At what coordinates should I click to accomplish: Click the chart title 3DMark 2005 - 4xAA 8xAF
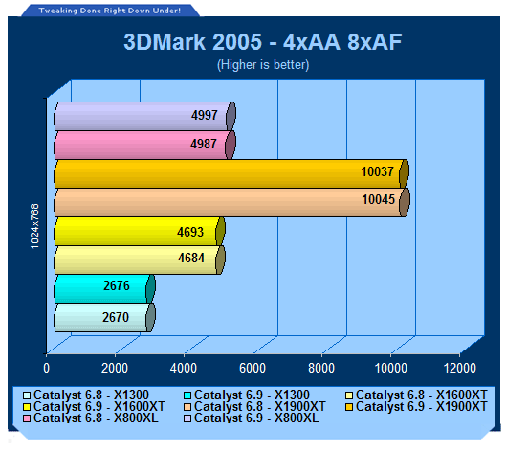point(263,42)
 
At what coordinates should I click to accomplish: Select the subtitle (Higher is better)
point(263,64)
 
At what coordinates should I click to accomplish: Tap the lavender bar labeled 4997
point(144,116)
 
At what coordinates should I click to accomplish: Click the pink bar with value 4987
point(144,145)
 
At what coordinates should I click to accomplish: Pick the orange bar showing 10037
point(231,173)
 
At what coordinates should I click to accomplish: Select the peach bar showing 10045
point(231,202)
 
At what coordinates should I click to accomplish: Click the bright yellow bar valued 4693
point(139,232)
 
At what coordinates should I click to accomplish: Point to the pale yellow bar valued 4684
point(140,260)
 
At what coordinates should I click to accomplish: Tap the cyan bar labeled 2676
point(104,289)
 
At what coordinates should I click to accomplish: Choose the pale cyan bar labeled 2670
point(104,318)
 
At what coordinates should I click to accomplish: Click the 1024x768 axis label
point(34,226)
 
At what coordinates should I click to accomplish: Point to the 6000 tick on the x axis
point(253,368)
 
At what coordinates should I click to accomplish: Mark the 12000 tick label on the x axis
point(459,368)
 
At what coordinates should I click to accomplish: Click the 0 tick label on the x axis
point(47,368)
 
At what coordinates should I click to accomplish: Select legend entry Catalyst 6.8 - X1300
point(86,395)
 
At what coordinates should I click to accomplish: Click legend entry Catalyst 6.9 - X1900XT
point(416,406)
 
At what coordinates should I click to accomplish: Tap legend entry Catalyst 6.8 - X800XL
point(91,418)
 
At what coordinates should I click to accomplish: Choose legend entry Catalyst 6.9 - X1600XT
point(94,406)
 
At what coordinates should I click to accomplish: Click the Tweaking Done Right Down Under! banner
point(110,11)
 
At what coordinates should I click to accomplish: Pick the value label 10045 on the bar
point(378,200)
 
